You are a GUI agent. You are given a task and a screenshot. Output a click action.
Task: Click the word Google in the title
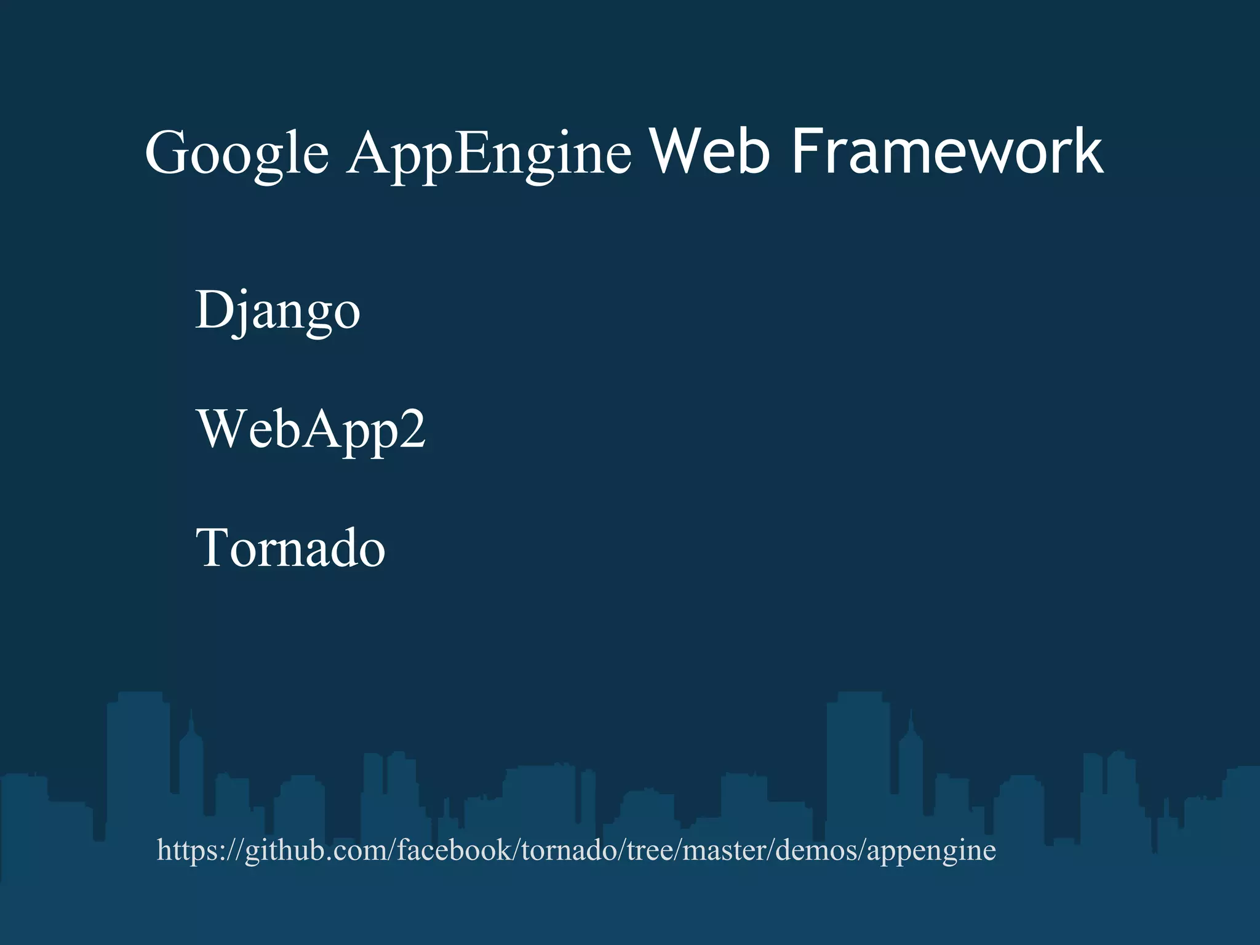(x=237, y=154)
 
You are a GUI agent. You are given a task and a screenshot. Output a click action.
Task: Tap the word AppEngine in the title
(x=489, y=154)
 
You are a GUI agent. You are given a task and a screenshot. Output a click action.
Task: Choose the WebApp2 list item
(x=311, y=429)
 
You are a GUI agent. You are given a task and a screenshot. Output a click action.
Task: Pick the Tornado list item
(x=290, y=548)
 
